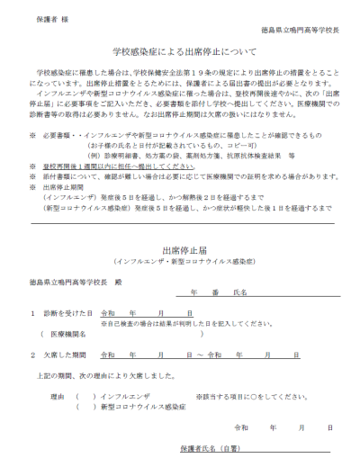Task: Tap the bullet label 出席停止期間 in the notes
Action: (x=58, y=188)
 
